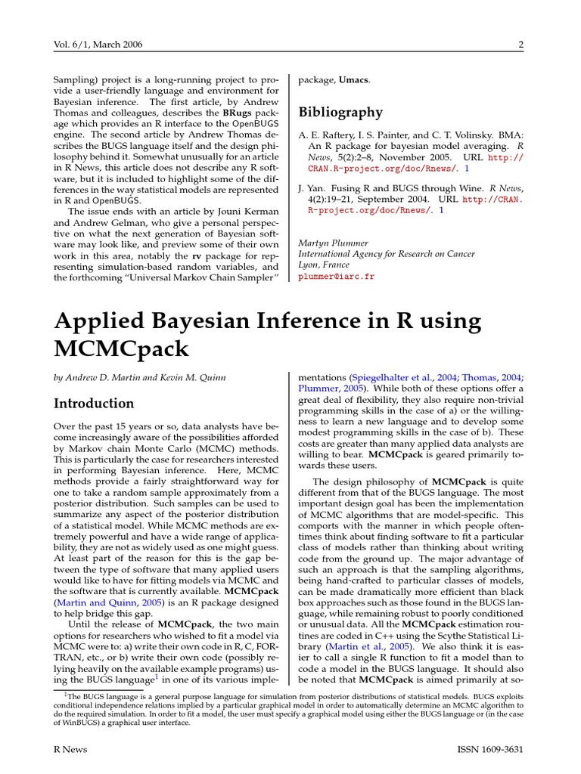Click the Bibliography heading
[x=340, y=113]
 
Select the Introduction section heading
[x=93, y=403]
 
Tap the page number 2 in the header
[x=521, y=45]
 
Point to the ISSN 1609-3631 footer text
[x=491, y=749]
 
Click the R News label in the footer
[x=70, y=749]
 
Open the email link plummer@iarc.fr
[x=336, y=277]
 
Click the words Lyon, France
[x=324, y=265]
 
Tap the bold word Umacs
[x=354, y=79]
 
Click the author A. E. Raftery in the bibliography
[x=330, y=135]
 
